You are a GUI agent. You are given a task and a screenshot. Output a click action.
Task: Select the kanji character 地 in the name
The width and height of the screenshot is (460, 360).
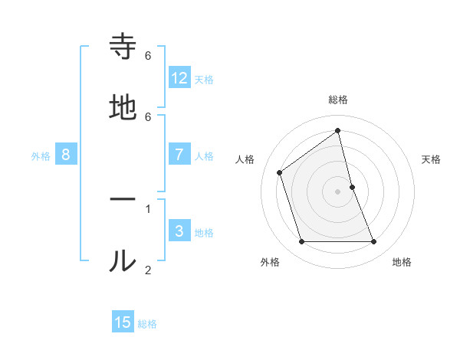click(x=123, y=109)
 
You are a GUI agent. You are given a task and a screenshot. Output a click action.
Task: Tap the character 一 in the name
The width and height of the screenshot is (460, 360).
click(x=123, y=199)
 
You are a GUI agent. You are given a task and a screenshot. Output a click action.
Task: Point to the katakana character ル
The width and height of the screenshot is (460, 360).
click(x=123, y=260)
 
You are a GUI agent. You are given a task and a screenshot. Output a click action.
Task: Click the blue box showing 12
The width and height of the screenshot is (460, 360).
click(x=179, y=77)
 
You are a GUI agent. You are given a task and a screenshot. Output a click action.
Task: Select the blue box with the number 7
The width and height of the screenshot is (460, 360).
click(x=179, y=154)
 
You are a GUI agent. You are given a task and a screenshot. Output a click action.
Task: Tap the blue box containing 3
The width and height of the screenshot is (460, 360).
click(x=179, y=231)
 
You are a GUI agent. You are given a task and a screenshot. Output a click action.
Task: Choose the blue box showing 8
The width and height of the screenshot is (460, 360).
click(x=66, y=154)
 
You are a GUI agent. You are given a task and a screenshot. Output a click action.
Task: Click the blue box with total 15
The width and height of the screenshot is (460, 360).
click(x=123, y=322)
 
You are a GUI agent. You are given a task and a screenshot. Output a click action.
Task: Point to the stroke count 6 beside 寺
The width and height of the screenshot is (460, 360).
click(x=148, y=56)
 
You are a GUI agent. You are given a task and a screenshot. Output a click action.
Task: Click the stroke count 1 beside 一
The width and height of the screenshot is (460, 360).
click(x=148, y=208)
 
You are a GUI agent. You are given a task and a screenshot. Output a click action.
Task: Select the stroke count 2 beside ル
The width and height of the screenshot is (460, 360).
click(x=148, y=269)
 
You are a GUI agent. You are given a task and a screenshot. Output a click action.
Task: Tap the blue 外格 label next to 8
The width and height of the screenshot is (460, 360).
click(x=41, y=156)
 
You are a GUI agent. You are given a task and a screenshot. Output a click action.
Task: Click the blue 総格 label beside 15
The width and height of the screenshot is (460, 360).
click(x=147, y=324)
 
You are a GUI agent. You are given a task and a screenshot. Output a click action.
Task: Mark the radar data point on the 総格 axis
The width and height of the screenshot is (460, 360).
click(x=338, y=131)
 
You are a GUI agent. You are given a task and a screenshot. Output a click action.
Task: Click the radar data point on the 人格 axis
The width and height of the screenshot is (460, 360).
click(x=280, y=172)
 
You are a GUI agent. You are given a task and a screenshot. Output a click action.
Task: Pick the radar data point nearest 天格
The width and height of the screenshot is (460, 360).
click(x=352, y=187)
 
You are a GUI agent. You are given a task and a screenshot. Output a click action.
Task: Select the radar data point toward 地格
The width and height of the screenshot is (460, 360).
click(x=374, y=242)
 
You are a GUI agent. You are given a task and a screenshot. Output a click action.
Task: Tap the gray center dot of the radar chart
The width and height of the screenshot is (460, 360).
click(x=338, y=191)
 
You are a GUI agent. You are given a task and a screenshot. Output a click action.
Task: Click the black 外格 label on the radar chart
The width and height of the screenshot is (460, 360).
click(x=270, y=263)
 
